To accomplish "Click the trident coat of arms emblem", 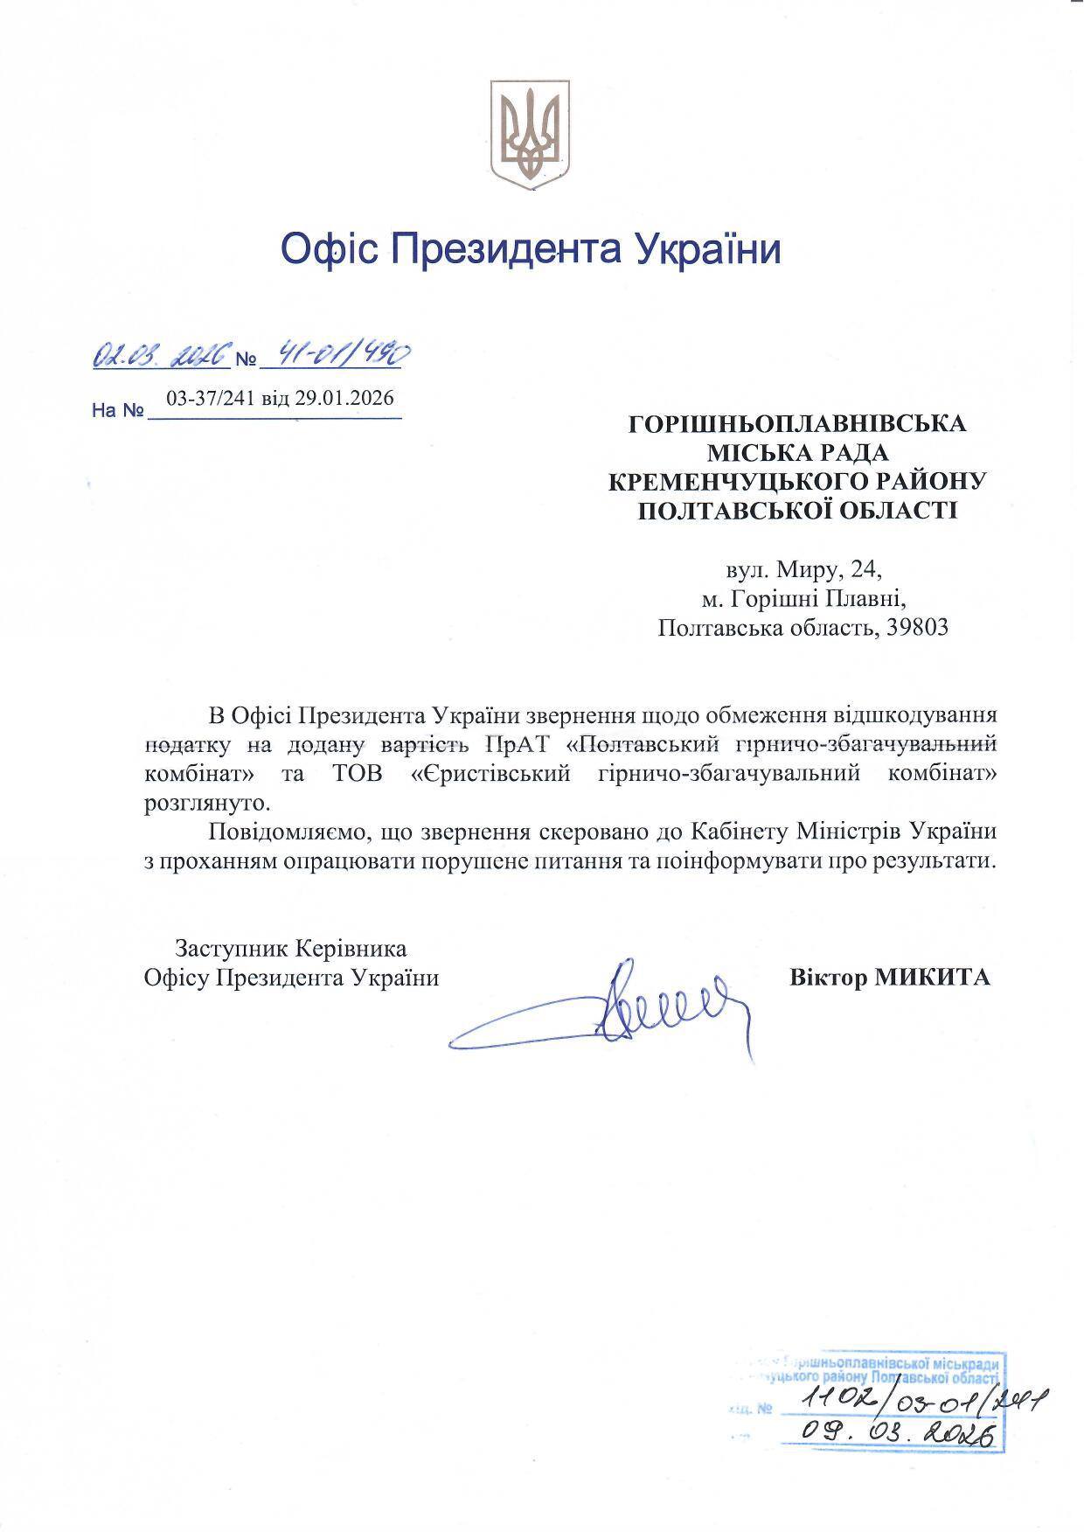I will point(530,132).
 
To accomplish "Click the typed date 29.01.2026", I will point(344,399).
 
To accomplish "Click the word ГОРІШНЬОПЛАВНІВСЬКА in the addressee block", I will point(798,424).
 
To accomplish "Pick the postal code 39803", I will point(918,628).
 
